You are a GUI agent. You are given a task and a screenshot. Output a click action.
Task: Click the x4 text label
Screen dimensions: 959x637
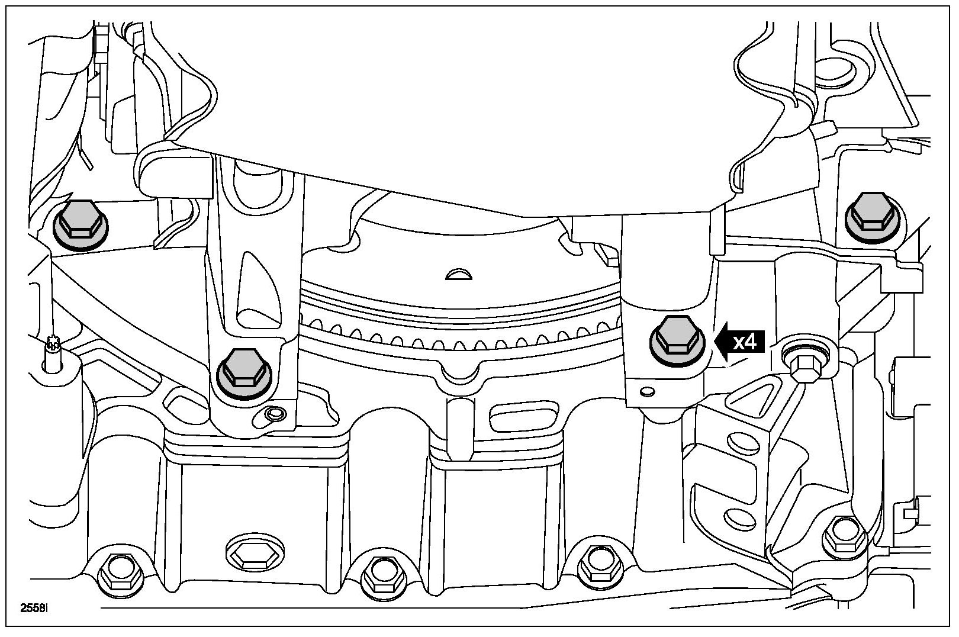tap(745, 342)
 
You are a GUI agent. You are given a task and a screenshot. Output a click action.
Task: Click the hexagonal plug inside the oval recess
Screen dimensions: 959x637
tap(248, 555)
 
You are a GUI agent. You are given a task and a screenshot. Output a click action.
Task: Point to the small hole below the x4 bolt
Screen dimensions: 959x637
tap(647, 391)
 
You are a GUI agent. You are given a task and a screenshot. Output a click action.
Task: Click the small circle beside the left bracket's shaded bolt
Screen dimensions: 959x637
tap(274, 413)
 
